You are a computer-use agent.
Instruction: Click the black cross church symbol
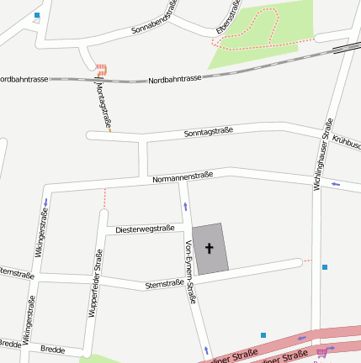coord(210,249)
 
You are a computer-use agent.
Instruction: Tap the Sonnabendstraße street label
coord(155,18)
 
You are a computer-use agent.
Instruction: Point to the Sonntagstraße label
coord(207,132)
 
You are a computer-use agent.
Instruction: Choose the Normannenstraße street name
coord(183,177)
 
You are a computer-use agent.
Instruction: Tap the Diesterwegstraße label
coord(145,229)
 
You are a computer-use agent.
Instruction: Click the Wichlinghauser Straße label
coord(321,154)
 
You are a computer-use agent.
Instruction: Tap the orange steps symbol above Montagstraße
coord(101,70)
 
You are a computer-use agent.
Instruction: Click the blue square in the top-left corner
coord(36,16)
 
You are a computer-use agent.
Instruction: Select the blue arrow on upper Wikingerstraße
coord(45,203)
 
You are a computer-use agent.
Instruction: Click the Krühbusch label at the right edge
coord(346,144)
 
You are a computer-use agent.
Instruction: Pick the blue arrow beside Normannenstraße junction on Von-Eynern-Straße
coord(185,206)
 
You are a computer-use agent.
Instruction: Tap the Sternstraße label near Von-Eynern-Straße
coord(164,284)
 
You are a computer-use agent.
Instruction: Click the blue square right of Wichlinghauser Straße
coord(325,267)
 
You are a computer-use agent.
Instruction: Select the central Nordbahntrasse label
coord(174,79)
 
